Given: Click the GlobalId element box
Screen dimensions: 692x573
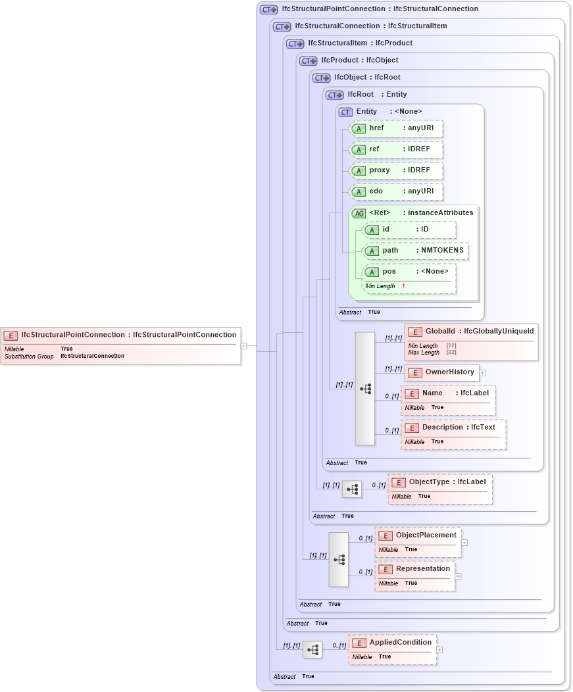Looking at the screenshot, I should point(471,332).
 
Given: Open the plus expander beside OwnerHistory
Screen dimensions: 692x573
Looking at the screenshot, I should point(482,373).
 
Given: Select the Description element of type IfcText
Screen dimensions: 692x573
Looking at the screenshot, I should point(453,428).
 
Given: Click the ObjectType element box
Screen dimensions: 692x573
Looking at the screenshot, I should point(440,482).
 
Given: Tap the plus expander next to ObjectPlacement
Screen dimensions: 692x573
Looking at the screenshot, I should point(464,543).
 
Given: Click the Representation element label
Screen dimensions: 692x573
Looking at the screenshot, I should point(422,568).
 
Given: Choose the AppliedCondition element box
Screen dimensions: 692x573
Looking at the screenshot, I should point(393,643).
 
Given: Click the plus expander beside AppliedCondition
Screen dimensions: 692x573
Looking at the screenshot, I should point(439,650).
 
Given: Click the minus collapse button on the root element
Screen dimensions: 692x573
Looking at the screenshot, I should point(243,345).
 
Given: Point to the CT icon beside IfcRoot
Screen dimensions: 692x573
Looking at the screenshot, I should point(335,95).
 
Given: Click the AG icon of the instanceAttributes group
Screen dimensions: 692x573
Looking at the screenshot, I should point(359,213).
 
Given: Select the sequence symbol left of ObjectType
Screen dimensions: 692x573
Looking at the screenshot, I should point(352,489).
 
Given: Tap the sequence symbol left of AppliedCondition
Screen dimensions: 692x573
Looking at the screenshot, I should point(312,650).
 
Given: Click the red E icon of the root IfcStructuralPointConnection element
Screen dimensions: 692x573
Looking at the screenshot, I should point(11,335).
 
